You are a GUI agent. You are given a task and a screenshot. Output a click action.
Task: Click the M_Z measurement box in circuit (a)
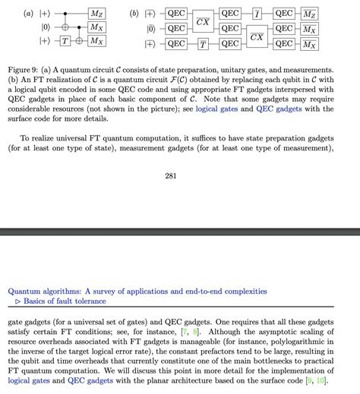97,14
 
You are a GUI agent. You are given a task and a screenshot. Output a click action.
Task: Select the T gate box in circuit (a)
67,42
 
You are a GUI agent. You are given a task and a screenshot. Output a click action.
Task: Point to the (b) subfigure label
134,14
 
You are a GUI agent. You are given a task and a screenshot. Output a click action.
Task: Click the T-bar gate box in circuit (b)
203,43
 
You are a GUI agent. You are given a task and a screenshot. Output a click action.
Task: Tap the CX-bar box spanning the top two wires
203,20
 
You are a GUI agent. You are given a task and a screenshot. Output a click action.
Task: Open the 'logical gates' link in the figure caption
217,109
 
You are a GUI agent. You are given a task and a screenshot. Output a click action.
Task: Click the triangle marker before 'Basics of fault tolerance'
17,301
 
